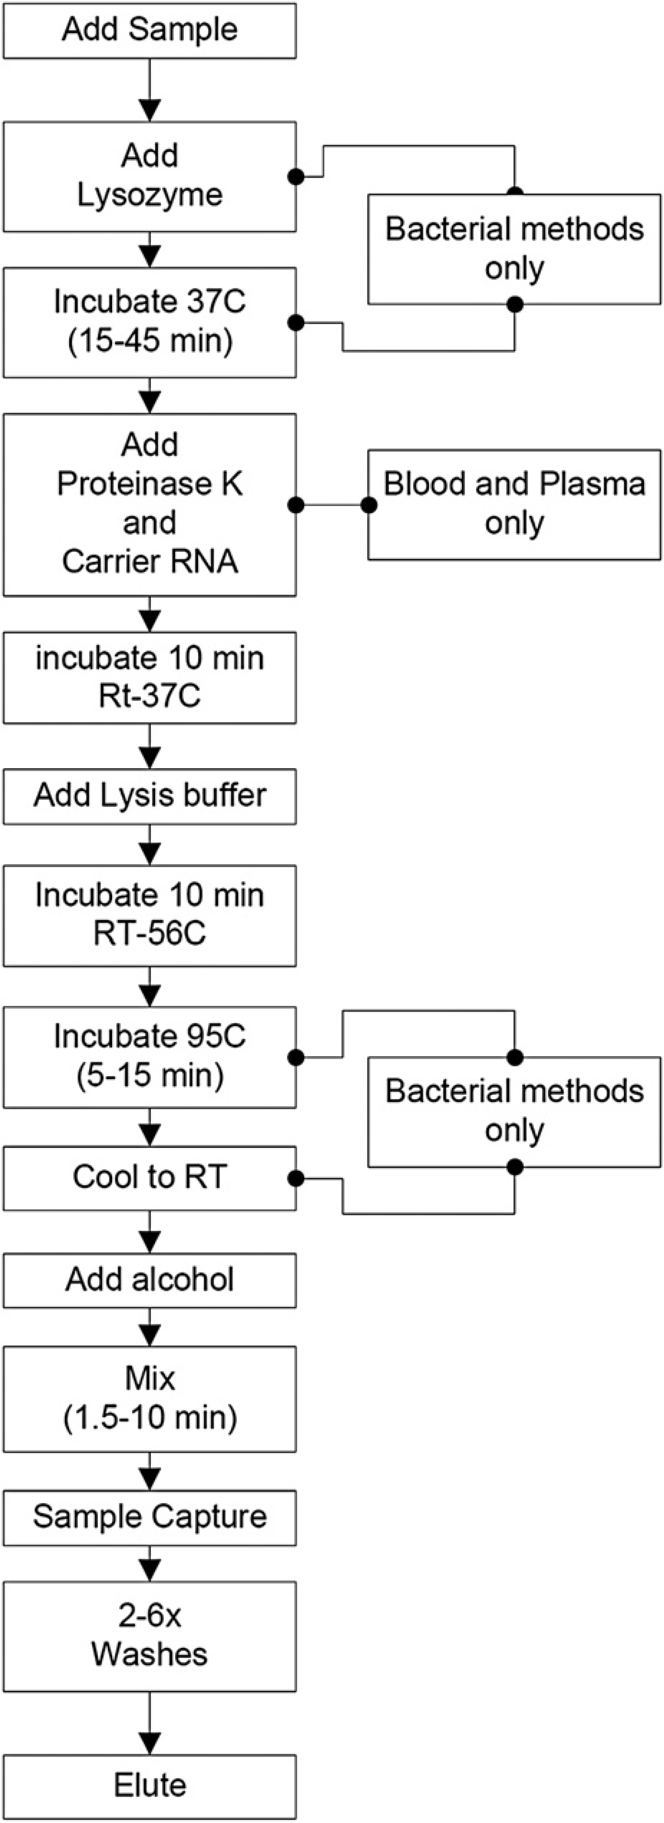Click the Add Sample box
point(149,30)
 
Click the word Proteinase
point(149,484)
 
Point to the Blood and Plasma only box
point(514,504)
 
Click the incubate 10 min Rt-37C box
point(149,678)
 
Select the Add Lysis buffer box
point(149,795)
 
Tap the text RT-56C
point(149,933)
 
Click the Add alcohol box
point(149,1279)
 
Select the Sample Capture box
point(149,1517)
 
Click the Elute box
point(149,1786)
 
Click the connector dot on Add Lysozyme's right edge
point(296,177)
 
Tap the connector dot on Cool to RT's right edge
point(296,1178)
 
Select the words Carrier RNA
point(149,562)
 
